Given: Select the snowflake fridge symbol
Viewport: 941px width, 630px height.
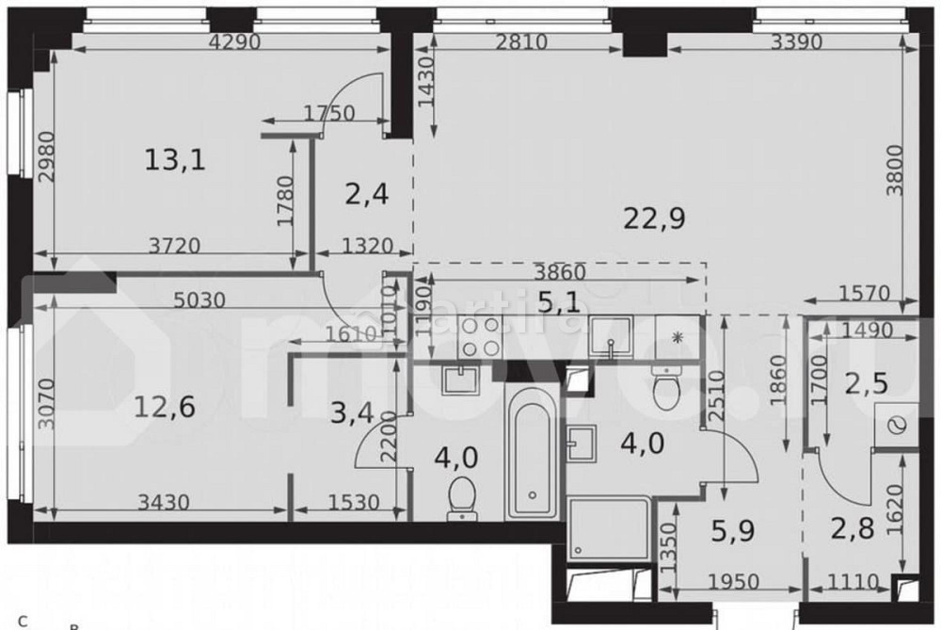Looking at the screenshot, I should tap(678, 336).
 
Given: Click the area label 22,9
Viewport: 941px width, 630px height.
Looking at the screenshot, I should tap(654, 218).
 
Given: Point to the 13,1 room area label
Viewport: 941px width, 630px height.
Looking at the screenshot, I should tap(175, 160).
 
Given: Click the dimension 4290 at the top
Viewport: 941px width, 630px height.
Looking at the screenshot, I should tap(235, 41).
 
